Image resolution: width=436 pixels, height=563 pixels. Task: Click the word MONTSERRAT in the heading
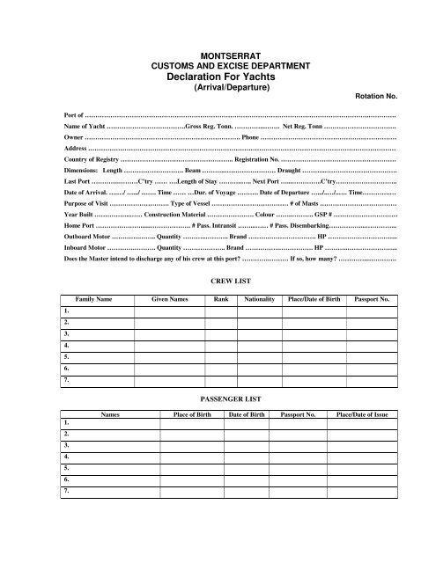217,55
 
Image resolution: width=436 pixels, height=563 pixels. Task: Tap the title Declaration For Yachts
217,77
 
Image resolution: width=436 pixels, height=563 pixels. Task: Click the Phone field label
250,138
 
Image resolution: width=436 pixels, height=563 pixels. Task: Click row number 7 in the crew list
68,380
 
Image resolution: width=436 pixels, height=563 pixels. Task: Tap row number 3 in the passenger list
68,447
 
